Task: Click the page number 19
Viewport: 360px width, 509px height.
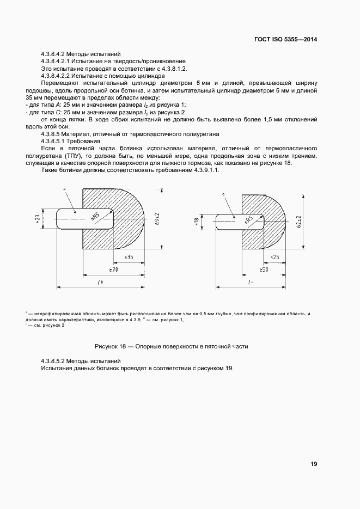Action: pos(314,464)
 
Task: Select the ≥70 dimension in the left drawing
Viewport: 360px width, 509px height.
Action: pos(114,269)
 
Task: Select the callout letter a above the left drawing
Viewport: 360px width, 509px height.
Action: pos(64,188)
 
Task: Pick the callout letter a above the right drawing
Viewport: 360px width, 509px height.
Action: pos(223,193)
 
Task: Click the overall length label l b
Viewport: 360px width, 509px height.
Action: pos(100,282)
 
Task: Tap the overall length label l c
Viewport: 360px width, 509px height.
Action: pos(251,282)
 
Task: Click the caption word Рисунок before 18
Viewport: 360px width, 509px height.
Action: pos(107,346)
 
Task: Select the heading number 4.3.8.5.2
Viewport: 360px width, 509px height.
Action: pos(57,361)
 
